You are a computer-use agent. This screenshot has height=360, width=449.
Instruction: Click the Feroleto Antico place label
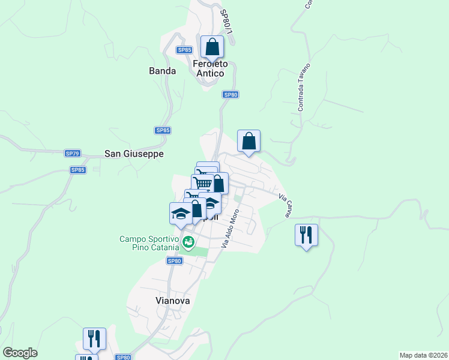pyautogui.click(x=209, y=68)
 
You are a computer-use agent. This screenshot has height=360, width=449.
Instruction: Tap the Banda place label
pyautogui.click(x=162, y=71)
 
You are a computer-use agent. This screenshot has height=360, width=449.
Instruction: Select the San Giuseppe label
pyautogui.click(x=134, y=154)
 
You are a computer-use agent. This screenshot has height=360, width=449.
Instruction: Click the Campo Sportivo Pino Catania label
pyautogui.click(x=149, y=243)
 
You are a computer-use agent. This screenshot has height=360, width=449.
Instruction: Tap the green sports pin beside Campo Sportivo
pyautogui.click(x=188, y=242)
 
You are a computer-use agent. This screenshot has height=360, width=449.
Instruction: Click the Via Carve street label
pyautogui.click(x=285, y=205)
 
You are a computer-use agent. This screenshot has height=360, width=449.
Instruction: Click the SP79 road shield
pyautogui.click(x=73, y=154)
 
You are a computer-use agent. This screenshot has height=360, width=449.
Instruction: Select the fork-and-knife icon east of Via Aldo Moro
pyautogui.click(x=306, y=235)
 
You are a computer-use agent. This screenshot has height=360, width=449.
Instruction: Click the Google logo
pyautogui.click(x=20, y=353)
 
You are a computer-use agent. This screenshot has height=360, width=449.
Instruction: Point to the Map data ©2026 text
pyautogui.click(x=423, y=355)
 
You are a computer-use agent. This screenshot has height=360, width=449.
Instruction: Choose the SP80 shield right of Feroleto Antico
pyautogui.click(x=231, y=95)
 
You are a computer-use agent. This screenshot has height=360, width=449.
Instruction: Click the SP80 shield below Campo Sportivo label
pyautogui.click(x=174, y=260)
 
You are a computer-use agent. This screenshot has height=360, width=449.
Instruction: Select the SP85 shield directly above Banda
pyautogui.click(x=184, y=50)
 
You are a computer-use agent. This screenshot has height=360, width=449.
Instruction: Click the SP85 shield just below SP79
pyautogui.click(x=78, y=170)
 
